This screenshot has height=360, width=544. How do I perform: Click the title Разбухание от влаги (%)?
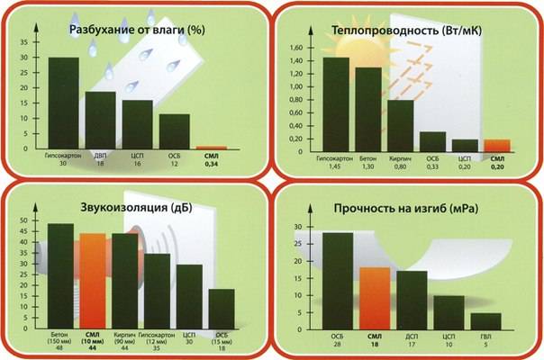click(136, 31)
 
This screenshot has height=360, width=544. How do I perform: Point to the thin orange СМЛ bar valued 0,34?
click(212, 147)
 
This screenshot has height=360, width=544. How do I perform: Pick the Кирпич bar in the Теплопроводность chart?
click(400, 125)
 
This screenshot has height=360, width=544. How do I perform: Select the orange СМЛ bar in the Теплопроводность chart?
click(497, 145)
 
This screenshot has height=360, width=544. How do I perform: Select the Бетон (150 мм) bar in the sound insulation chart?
click(60, 277)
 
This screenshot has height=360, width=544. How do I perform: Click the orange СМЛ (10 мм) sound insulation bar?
click(93, 282)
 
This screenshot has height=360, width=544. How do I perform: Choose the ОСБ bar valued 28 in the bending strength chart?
click(338, 282)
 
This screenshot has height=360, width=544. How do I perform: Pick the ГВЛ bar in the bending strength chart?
click(485, 321)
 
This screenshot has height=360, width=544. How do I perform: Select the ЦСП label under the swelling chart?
click(137, 156)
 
